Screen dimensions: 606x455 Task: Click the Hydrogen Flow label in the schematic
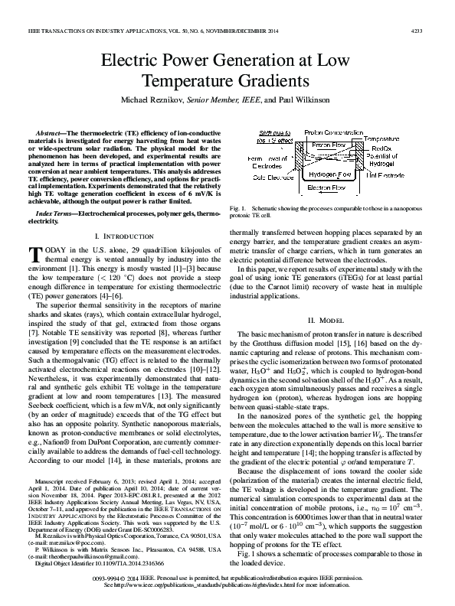(329, 174)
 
